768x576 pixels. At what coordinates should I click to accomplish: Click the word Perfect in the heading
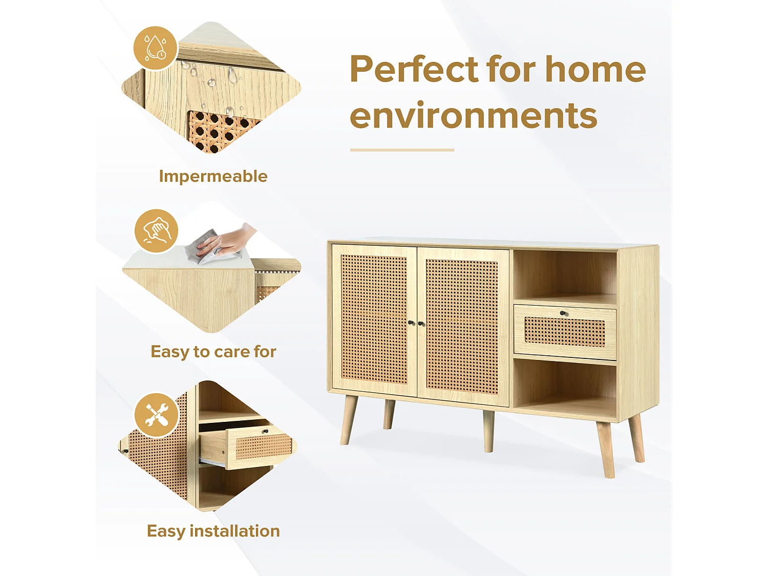tap(414, 69)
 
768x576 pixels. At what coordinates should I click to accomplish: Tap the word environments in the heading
tap(474, 116)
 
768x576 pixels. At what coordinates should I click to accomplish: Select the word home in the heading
tap(595, 69)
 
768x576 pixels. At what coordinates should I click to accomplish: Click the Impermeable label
tap(213, 176)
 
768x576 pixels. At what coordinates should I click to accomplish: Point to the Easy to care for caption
tap(213, 352)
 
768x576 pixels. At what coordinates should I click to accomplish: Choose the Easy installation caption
tap(213, 531)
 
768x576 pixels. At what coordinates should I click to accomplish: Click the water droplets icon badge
tap(156, 48)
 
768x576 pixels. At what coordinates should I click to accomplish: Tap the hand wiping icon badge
tap(157, 231)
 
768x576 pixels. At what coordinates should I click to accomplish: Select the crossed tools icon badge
tap(157, 415)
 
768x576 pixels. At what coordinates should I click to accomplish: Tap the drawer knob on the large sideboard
tap(563, 313)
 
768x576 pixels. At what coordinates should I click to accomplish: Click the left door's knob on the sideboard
tap(411, 323)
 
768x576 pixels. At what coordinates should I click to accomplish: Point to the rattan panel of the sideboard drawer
tap(565, 331)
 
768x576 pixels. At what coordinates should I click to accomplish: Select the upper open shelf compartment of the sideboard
tap(565, 275)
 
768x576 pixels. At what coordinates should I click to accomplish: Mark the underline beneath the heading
tap(402, 150)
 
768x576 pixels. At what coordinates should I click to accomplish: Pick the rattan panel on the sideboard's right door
tap(462, 326)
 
